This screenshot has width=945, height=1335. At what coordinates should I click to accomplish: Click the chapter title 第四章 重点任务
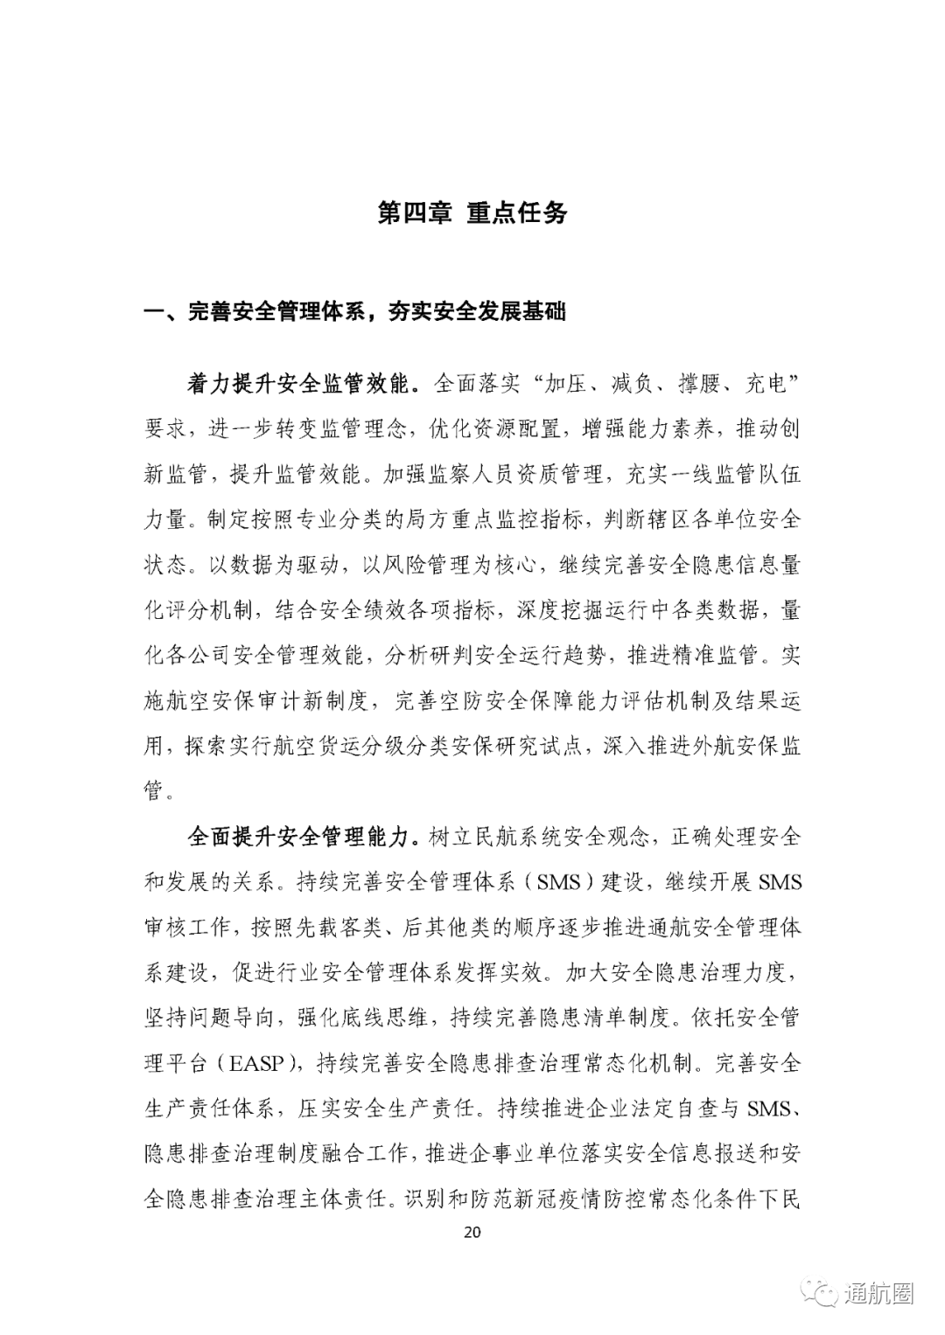pos(472,213)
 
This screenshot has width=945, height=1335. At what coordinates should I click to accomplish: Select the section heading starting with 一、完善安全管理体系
pos(354,311)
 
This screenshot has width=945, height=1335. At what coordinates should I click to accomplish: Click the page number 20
pos(472,1233)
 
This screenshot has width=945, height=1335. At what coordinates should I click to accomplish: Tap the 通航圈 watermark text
pos(878,1293)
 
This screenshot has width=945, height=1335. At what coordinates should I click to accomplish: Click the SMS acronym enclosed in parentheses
pos(559,882)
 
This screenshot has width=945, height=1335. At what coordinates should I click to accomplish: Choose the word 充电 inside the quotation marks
pos(766,383)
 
